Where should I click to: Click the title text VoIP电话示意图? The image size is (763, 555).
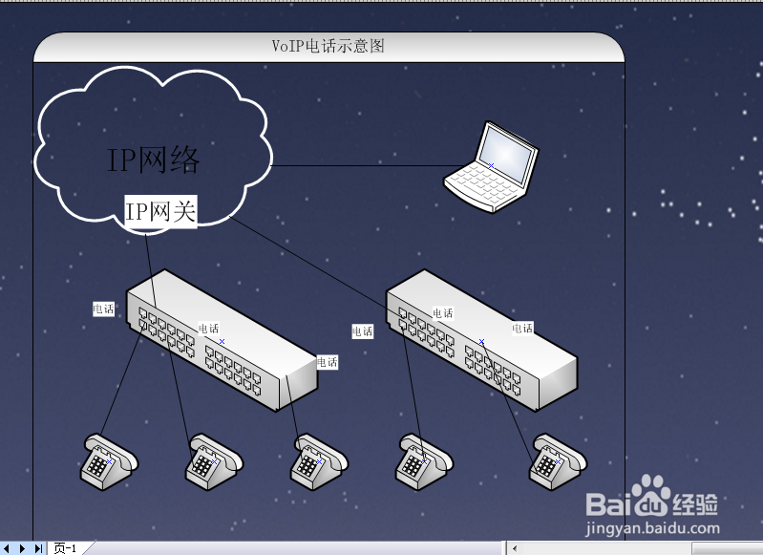[328, 46]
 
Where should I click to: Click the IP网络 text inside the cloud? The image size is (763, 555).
[154, 160]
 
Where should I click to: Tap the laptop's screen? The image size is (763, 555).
[507, 154]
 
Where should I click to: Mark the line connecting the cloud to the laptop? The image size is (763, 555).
[363, 166]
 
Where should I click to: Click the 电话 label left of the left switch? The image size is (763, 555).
[103, 309]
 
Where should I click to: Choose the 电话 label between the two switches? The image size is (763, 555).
[362, 331]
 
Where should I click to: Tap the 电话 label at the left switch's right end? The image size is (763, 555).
[328, 362]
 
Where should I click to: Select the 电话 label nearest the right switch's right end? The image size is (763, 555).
[522, 328]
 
